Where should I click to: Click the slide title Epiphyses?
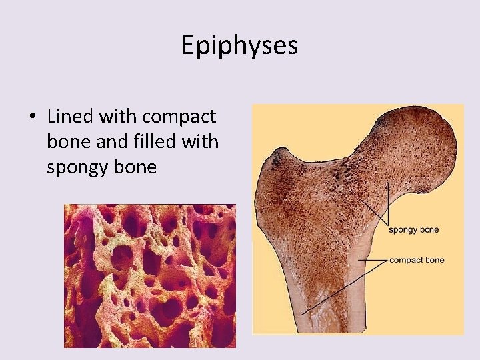[x=240, y=45]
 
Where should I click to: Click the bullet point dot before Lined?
[x=32, y=117]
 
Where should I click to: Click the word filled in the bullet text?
[x=148, y=142]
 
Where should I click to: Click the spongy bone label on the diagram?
[x=413, y=230]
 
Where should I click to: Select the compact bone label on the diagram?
[x=417, y=260]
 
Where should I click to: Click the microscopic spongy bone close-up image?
[x=149, y=275]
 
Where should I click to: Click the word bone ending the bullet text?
[x=135, y=167]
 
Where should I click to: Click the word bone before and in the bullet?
[x=65, y=142]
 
